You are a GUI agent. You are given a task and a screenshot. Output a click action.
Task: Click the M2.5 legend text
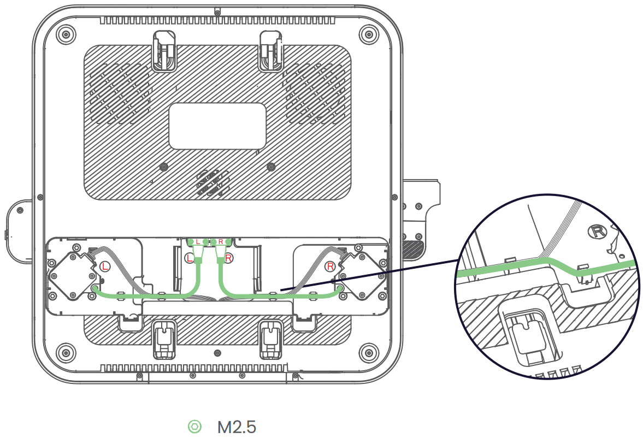point(237,427)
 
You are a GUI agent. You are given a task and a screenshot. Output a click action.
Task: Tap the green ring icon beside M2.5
point(194,427)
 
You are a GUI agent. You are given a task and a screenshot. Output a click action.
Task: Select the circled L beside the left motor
point(105,267)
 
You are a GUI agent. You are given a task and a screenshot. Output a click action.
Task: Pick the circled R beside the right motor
point(330,267)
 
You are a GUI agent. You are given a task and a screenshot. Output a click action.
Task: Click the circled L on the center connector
point(191,257)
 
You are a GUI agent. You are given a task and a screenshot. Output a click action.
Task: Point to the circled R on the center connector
point(228,257)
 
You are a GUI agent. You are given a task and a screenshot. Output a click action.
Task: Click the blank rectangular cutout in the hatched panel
point(217,127)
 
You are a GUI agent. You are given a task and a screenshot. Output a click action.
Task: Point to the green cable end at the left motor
point(95,288)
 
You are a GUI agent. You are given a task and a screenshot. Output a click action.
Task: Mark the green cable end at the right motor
point(340,288)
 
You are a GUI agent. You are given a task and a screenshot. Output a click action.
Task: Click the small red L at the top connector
point(198,241)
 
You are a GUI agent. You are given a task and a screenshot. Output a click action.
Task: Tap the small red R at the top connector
point(220,241)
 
